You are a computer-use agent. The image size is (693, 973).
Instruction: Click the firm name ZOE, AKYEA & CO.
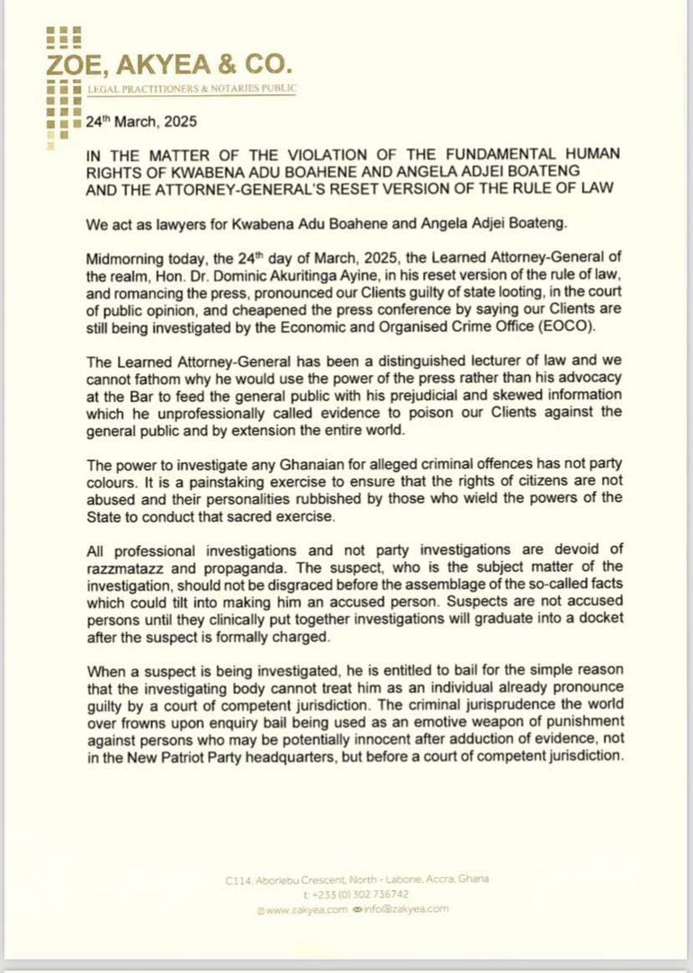click(x=171, y=65)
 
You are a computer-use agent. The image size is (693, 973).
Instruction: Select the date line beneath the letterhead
click(x=140, y=121)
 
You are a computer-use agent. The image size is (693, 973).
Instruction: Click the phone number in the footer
click(x=357, y=895)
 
